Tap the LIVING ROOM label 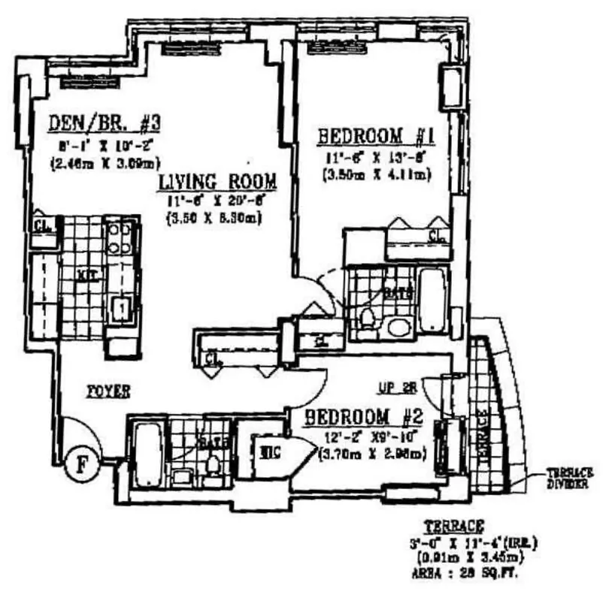[217, 182]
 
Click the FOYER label [107, 391]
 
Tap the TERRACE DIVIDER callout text [569, 478]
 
